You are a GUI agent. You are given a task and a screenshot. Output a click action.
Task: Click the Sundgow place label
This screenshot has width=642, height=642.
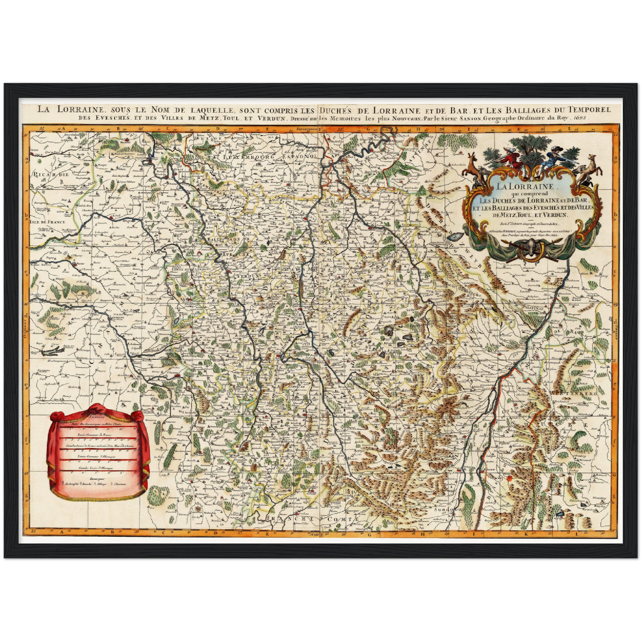pos(448,510)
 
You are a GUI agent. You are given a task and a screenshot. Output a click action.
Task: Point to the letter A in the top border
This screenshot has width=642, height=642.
pos(64,128)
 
